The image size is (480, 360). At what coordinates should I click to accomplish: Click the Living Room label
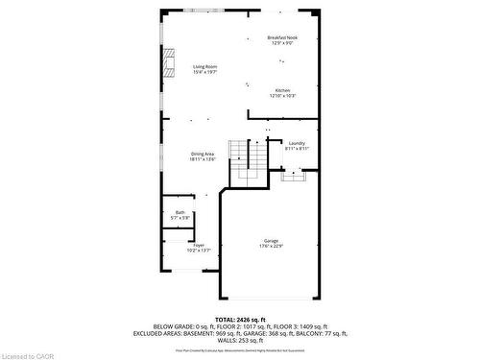coord(204,66)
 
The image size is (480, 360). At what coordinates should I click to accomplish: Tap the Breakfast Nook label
coord(282,37)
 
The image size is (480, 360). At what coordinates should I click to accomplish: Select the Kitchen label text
coord(282,91)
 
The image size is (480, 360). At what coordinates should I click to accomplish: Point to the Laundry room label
coord(296,143)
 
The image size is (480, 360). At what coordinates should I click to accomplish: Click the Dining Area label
coord(202,154)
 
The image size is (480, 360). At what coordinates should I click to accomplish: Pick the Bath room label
coord(180,212)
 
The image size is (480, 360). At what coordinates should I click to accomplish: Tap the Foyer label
coord(199,245)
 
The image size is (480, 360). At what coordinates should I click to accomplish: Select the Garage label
coord(272,240)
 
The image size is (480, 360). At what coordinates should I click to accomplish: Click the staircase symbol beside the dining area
coord(252,163)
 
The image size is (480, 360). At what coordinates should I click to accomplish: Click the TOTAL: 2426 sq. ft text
coord(253,318)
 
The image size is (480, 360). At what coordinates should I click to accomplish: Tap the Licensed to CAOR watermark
coord(29,353)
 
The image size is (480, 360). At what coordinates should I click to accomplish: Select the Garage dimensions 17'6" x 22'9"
coord(272,246)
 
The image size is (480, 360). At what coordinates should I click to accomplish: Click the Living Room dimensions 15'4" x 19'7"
coord(204,72)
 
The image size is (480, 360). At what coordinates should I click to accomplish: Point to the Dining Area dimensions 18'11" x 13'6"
coord(202,159)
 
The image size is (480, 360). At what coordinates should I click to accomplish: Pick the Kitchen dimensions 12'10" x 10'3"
coord(282,97)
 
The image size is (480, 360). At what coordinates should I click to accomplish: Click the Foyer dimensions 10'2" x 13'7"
coord(199,251)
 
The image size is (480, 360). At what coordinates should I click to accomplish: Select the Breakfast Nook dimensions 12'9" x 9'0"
coord(282,43)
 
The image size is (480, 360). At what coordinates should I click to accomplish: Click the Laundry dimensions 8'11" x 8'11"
coord(296,149)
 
